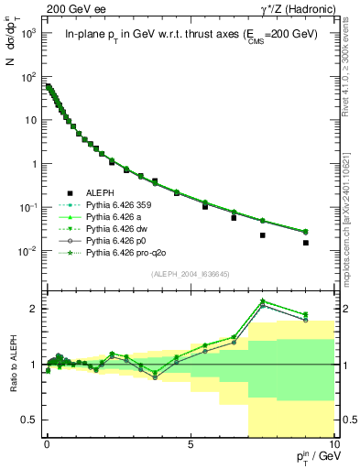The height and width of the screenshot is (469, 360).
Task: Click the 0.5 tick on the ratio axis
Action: pos(35,420)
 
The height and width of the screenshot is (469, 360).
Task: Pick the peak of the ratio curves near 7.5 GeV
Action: pos(263,300)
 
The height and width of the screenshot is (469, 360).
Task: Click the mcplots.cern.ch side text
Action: pos(352,211)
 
